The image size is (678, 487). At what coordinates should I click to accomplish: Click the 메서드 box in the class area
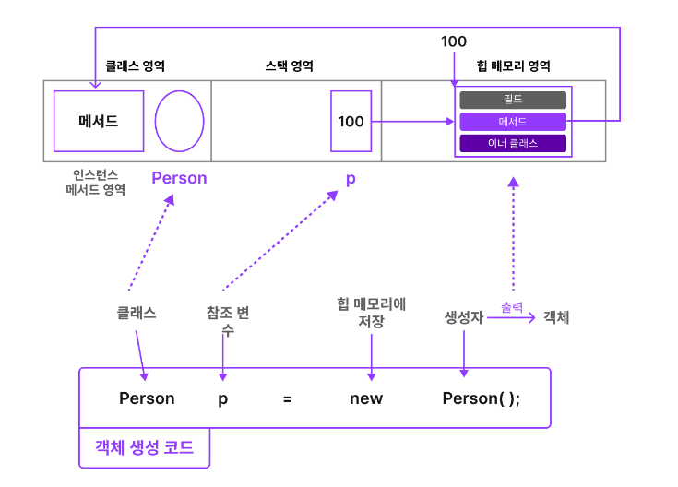99,121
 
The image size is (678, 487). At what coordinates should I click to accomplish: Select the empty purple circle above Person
179,121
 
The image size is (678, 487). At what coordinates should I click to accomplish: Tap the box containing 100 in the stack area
351,121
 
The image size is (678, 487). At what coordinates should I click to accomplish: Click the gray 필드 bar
512,100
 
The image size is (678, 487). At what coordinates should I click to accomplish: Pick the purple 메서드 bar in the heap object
512,121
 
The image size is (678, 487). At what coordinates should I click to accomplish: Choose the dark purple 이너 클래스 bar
512,143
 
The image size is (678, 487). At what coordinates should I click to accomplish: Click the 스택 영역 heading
289,66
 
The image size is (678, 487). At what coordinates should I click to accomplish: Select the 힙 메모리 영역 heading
514,66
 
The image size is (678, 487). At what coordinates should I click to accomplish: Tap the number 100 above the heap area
454,42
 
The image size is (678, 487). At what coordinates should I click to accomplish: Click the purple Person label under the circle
179,178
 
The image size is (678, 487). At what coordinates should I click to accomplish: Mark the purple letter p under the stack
351,178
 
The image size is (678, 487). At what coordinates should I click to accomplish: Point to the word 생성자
464,316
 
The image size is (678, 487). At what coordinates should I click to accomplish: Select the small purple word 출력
512,305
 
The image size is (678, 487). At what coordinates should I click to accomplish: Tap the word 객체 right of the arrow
556,316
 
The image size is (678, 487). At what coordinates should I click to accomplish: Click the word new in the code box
366,398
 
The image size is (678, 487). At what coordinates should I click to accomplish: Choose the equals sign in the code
288,398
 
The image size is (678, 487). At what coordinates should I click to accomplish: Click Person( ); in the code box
482,398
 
